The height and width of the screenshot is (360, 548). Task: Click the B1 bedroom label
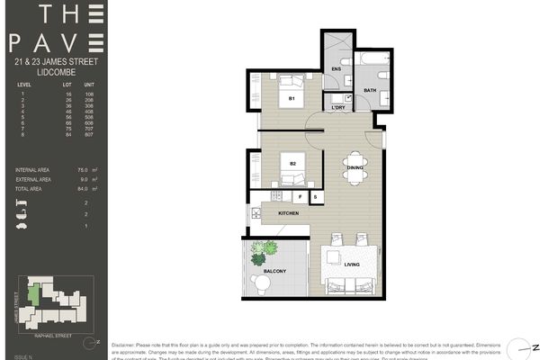click(292, 97)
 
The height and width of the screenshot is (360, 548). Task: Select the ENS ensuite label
click(337, 69)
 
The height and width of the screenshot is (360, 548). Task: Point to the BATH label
click(370, 90)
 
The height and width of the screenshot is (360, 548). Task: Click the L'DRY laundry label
click(338, 108)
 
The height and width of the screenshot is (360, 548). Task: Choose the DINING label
click(354, 166)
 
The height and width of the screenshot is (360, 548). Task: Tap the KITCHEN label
click(288, 213)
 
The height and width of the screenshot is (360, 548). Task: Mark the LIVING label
click(352, 264)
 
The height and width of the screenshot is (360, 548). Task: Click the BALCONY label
click(275, 271)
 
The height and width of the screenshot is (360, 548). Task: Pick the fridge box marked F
click(300, 195)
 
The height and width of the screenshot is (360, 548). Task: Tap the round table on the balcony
click(262, 283)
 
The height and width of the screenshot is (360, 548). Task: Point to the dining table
click(354, 166)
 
